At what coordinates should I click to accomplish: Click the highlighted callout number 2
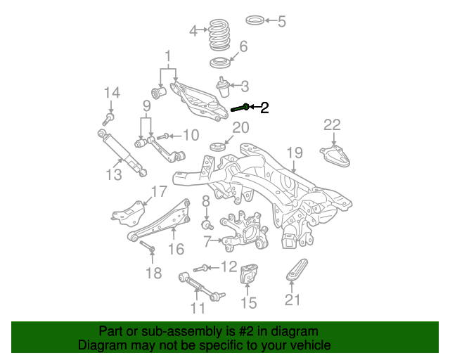(x=264, y=108)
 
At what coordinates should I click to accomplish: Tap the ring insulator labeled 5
(x=257, y=19)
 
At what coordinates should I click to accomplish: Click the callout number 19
(x=294, y=153)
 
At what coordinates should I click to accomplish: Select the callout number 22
(x=332, y=125)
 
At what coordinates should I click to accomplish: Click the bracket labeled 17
(x=130, y=211)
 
